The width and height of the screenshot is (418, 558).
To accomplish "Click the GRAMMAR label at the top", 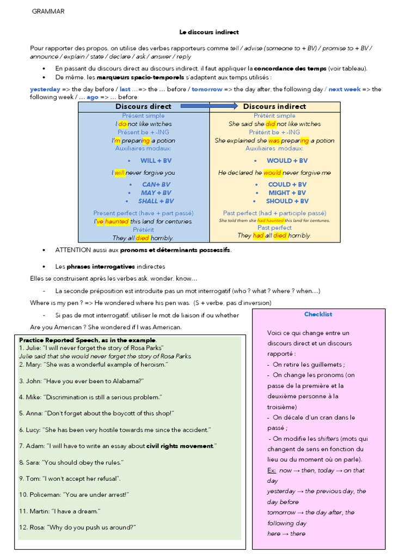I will tap(48, 11).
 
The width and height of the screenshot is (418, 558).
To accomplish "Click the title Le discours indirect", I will tap(209, 32).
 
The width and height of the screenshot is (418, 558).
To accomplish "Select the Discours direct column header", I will tap(143, 106).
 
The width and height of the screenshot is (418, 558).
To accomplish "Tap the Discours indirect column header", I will tap(274, 106).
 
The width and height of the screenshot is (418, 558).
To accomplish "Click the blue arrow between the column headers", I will tap(209, 106).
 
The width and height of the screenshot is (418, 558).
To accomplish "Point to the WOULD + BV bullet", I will tap(287, 161).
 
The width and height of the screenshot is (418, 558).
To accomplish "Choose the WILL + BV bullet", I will tap(156, 161).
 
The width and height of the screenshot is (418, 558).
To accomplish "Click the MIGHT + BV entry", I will tap(287, 192).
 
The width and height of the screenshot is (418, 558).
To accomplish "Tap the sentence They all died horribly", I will tap(143, 238).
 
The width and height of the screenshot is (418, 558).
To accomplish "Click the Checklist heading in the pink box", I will tap(318, 314).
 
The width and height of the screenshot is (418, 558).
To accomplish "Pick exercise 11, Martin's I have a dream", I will tap(60, 511).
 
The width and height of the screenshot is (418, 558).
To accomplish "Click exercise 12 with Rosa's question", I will tap(77, 527).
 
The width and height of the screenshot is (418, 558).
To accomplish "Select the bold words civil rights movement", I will tap(180, 446).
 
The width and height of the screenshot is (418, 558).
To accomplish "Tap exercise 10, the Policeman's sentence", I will tap(74, 494).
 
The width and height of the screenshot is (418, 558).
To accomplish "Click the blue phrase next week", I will tap(343, 89).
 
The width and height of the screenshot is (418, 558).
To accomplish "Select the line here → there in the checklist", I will tap(286, 533).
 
